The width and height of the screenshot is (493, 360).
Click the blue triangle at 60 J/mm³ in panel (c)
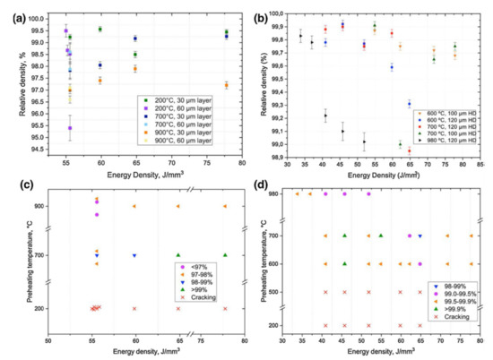point(134,255)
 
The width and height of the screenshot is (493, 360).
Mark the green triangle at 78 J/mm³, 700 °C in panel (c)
point(225,255)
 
